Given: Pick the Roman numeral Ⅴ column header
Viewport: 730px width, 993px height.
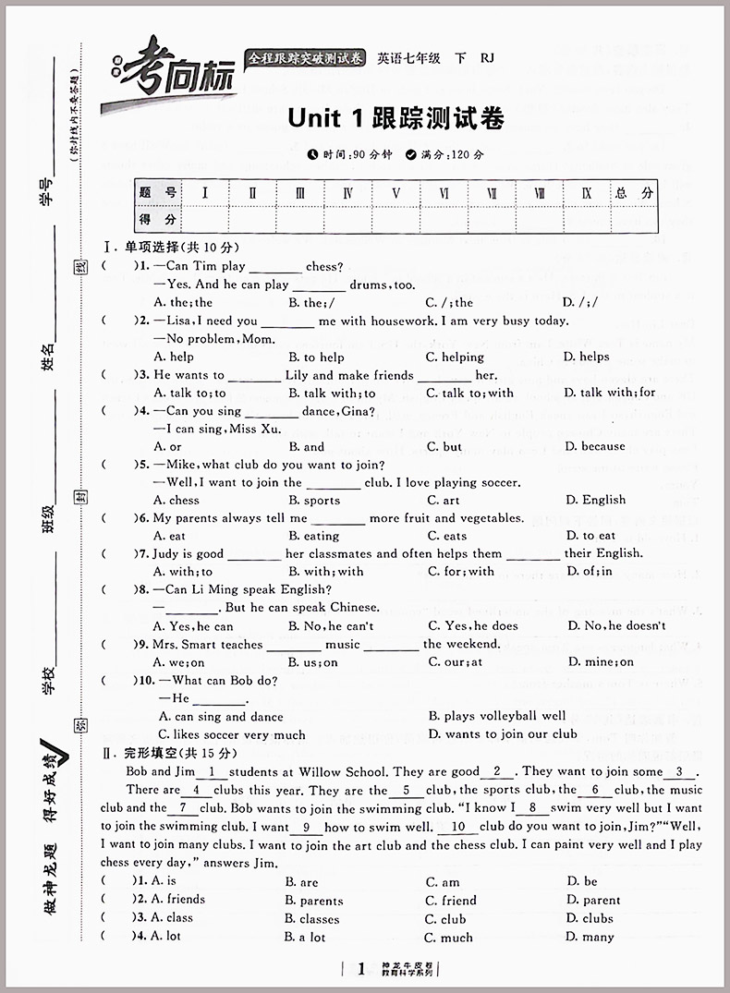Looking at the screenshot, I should pyautogui.click(x=395, y=193).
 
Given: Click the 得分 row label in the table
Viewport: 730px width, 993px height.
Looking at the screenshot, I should pyautogui.click(x=158, y=219).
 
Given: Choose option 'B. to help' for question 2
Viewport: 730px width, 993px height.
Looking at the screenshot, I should pyautogui.click(x=316, y=357).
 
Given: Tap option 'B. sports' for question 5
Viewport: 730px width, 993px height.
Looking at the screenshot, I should pyautogui.click(x=314, y=500).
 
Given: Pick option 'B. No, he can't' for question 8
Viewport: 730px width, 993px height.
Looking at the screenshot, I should pyautogui.click(x=330, y=625).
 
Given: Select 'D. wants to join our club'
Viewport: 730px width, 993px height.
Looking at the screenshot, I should pyautogui.click(x=503, y=734).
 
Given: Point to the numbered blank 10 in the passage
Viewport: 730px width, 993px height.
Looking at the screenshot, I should pyautogui.click(x=459, y=827).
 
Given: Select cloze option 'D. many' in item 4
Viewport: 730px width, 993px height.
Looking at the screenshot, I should pyautogui.click(x=590, y=937).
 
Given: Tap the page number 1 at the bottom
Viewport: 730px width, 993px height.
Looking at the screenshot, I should pyautogui.click(x=361, y=968).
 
